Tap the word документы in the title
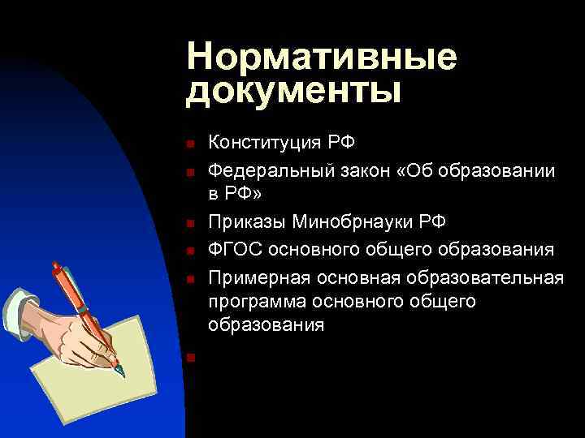(293, 91)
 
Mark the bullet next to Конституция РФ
(188, 145)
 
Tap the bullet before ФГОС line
(188, 251)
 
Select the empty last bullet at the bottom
(188, 357)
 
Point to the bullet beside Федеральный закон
(188, 172)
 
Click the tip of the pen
(121, 374)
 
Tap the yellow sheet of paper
(122, 341)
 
